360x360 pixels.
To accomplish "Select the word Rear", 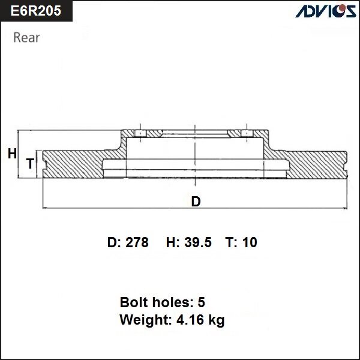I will [x=26, y=38].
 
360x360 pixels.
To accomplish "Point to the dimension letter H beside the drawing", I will [x=11, y=154].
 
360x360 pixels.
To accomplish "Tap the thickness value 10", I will [x=250, y=242].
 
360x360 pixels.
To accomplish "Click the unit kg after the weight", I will [x=216, y=321].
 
